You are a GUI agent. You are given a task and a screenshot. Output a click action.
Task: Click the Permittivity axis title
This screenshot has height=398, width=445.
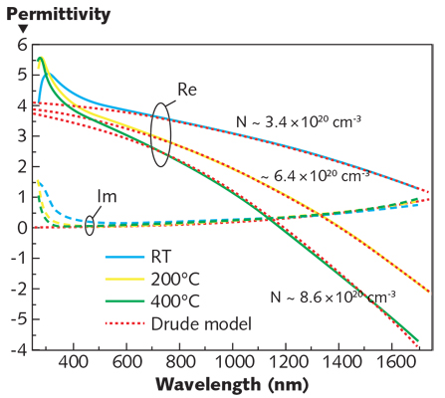click(47, 12)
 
